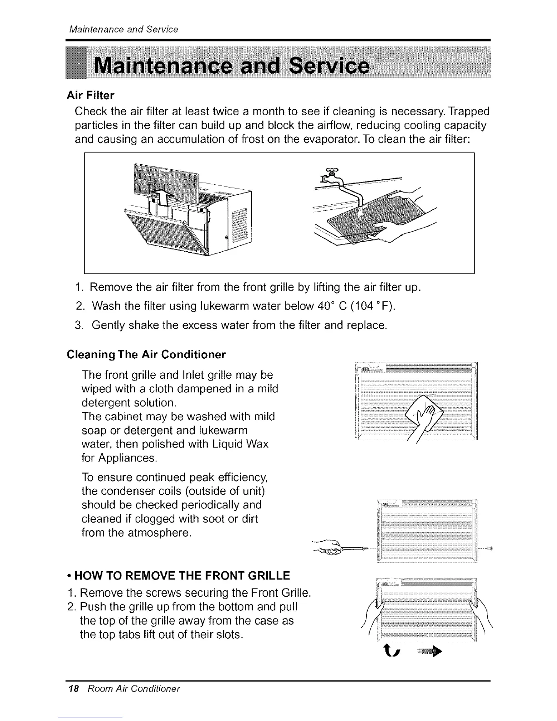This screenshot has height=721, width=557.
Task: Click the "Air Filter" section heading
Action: tap(90, 96)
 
